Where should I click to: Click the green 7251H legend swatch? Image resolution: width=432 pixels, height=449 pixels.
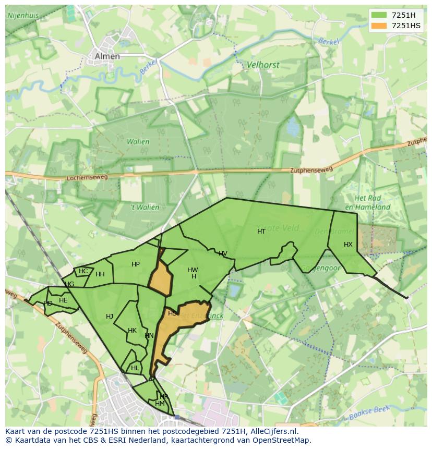(379, 15)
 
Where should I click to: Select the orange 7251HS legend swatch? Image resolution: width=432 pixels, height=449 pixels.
(379, 26)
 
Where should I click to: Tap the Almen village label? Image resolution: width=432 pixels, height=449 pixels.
(107, 56)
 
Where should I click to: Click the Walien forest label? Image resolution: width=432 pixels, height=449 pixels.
(138, 141)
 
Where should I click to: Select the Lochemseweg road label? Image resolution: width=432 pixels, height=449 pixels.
(87, 178)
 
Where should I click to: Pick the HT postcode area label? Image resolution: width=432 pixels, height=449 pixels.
(261, 232)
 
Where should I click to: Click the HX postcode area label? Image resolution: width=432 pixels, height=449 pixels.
(348, 245)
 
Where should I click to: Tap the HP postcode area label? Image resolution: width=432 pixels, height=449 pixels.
(136, 264)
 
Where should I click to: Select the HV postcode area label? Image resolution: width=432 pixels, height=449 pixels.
(223, 254)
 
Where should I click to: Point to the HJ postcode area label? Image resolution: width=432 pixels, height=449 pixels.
(110, 317)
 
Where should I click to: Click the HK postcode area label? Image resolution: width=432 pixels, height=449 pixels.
(132, 331)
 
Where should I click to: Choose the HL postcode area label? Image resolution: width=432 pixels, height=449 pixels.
(135, 368)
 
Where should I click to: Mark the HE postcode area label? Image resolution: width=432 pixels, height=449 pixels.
(63, 300)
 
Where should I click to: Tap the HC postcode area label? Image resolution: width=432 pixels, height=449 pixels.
(83, 271)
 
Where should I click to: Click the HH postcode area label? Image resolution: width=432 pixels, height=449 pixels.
(100, 274)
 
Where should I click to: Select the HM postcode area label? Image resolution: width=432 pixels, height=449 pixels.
(160, 404)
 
